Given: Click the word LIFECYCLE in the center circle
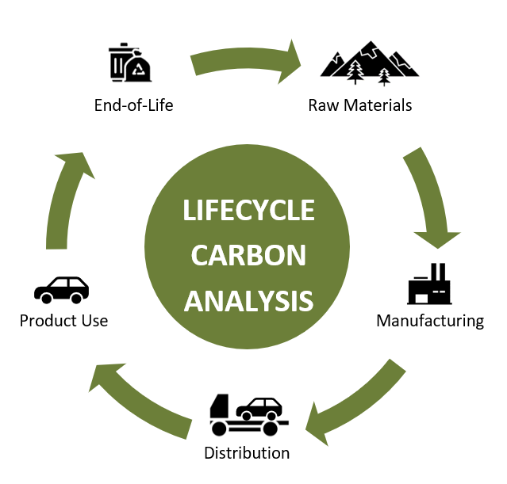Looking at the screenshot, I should [x=248, y=210].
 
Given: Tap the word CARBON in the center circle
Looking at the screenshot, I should [x=248, y=255].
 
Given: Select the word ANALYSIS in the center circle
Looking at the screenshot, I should [x=248, y=300].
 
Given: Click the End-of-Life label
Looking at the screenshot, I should [x=133, y=105].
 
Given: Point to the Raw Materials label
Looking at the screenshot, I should [x=360, y=105].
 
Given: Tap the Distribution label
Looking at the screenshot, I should [x=247, y=453].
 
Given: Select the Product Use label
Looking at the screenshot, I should [x=63, y=321].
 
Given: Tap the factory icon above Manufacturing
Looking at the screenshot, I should [x=429, y=284].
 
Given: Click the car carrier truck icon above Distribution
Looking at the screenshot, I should [x=247, y=414].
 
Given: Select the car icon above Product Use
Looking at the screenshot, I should [x=62, y=290].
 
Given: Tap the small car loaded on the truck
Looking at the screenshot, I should [x=261, y=409].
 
